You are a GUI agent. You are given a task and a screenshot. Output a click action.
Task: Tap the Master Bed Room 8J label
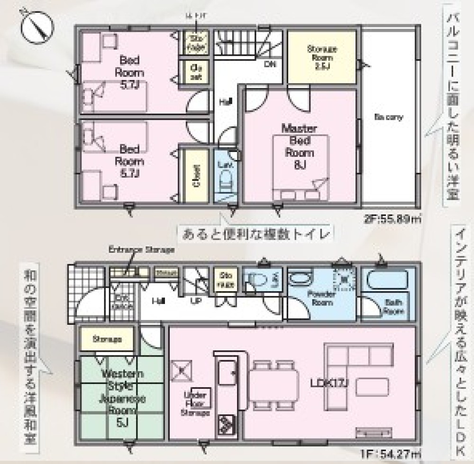point(299,146)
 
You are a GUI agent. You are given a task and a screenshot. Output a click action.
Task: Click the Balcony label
point(388,117)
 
